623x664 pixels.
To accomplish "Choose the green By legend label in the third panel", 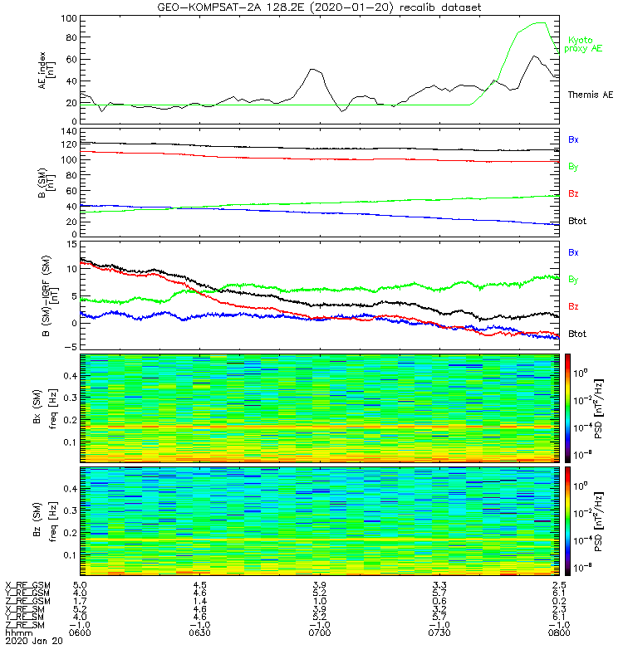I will [x=573, y=280].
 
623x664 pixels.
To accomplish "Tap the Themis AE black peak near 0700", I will [x=313, y=70].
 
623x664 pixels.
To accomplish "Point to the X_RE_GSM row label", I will [x=27, y=585].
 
